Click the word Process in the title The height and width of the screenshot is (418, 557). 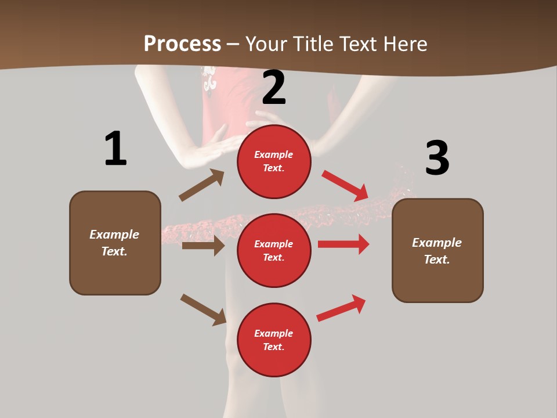click(182, 44)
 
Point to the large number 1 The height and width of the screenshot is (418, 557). click(115, 149)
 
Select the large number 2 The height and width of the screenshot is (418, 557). click(274, 88)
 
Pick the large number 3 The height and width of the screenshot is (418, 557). click(437, 158)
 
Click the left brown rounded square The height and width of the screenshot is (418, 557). click(115, 243)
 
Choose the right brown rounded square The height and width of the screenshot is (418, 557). click(437, 250)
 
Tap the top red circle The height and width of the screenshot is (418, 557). click(274, 161)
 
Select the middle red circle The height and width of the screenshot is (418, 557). click(274, 250)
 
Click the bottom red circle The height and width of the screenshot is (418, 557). click(274, 340)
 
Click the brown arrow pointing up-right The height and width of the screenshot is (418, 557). click(202, 185)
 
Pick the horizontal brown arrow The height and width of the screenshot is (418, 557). click(203, 246)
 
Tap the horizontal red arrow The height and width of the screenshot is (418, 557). click(343, 244)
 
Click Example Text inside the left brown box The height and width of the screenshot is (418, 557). click(114, 243)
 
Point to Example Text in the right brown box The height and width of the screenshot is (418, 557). click(437, 251)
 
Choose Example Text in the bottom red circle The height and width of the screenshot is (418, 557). click(274, 340)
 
